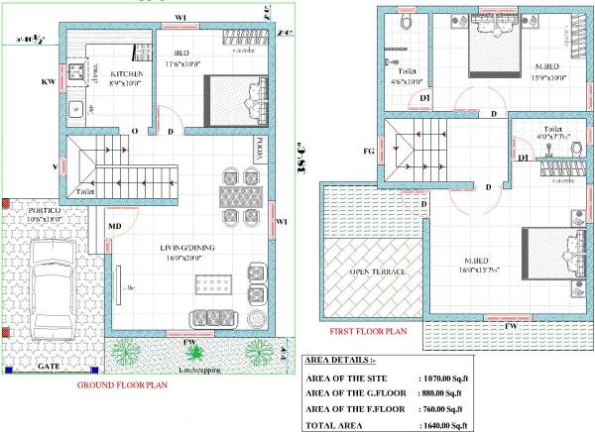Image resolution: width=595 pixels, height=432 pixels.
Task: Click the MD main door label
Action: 114,227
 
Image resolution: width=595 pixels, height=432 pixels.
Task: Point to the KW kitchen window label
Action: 47,82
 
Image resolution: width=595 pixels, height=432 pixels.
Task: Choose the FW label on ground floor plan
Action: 188,342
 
